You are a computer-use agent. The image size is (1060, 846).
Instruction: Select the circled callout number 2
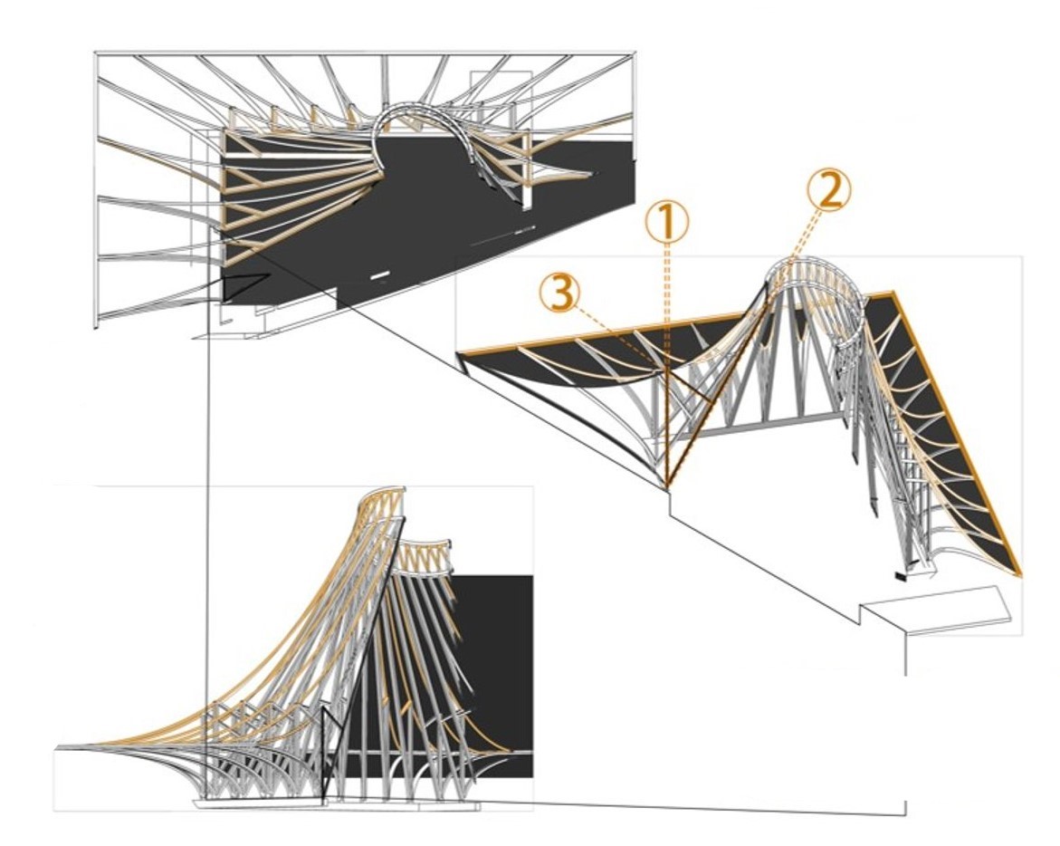click(x=828, y=190)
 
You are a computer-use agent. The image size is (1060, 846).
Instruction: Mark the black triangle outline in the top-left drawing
click(x=241, y=288)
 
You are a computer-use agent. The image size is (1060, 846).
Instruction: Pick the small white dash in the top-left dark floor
click(x=379, y=273)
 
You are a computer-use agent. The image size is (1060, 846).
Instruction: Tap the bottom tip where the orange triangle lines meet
click(x=668, y=485)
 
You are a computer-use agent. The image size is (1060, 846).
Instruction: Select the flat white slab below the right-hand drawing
click(x=937, y=610)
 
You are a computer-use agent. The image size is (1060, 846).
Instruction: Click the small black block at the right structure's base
click(x=902, y=575)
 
